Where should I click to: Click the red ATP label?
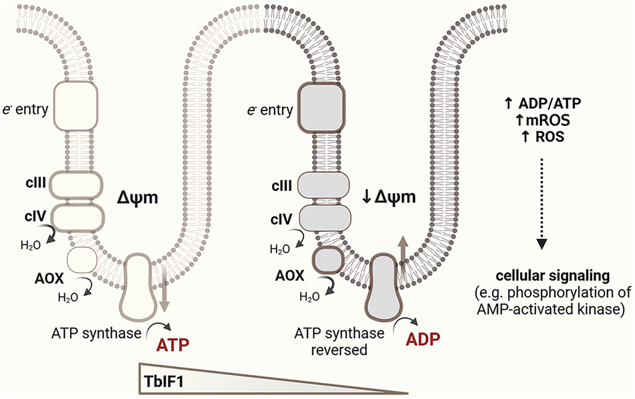173,345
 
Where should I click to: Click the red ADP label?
423,340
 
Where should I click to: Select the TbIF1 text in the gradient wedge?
164,381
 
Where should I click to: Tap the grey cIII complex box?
323,186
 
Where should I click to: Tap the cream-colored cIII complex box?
76,185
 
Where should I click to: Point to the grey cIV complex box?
324,219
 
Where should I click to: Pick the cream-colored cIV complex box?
78,217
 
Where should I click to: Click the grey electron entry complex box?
322,108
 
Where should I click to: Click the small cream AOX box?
82,260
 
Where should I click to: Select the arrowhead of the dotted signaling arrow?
542,244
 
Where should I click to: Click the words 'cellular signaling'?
553,276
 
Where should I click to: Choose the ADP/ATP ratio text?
549,104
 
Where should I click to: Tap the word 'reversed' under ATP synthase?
339,349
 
